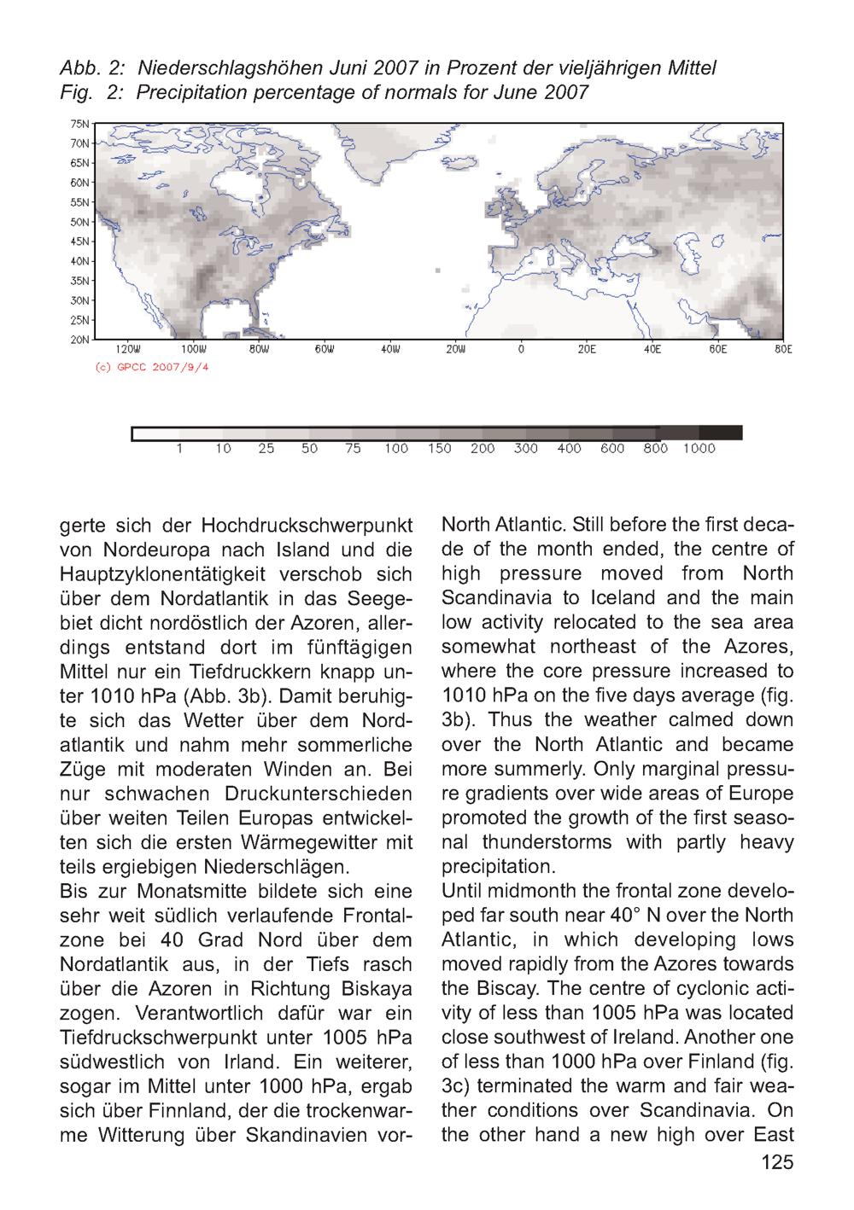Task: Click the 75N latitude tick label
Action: coord(79,124)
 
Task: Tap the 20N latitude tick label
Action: coord(79,340)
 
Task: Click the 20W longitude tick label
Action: coord(455,350)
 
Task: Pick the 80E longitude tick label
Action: coord(783,350)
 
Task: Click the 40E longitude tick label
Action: coord(652,350)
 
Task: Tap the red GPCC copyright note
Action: coord(149,368)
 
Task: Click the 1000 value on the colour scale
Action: coord(699,449)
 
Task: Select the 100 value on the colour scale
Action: coord(395,449)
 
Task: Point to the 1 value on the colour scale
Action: coord(178,449)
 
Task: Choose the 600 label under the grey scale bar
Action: coord(611,449)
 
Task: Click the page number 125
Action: coord(776,1161)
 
